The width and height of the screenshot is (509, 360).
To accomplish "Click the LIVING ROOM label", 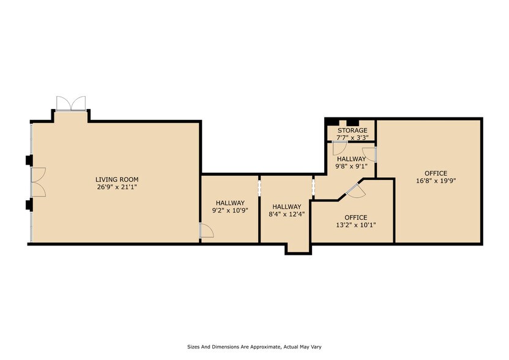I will (x=116, y=179).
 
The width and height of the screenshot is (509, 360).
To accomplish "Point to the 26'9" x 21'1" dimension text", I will (x=116, y=187).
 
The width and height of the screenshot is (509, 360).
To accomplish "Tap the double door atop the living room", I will (x=71, y=103).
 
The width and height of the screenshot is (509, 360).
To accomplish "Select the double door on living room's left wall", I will (x=37, y=182).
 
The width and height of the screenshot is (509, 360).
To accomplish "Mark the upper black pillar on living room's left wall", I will (x=28, y=160).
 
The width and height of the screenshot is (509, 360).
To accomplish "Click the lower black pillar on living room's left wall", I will (x=28, y=204).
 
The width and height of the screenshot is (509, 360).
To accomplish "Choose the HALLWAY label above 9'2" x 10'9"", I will (x=230, y=203).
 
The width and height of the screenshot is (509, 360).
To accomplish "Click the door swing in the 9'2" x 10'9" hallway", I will (x=206, y=230).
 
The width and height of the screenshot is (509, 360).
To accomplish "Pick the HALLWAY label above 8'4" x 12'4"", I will (x=287, y=207).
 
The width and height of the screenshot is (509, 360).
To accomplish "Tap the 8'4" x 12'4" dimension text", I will (x=287, y=215).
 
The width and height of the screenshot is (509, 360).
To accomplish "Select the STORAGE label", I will (x=352, y=130).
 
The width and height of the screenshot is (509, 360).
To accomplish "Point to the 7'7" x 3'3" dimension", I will (x=352, y=138).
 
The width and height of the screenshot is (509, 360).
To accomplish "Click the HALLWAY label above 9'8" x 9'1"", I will (x=351, y=159).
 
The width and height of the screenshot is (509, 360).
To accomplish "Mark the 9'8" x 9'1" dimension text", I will (x=351, y=166).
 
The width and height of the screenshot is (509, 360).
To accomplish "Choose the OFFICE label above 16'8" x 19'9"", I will (x=436, y=173).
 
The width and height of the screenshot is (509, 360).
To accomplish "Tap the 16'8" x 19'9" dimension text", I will (x=436, y=181).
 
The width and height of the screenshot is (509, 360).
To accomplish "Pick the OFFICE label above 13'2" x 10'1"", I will (x=355, y=217).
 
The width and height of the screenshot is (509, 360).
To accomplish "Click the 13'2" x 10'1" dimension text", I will (x=355, y=225).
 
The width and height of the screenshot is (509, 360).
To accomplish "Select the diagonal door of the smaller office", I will (x=355, y=190).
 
